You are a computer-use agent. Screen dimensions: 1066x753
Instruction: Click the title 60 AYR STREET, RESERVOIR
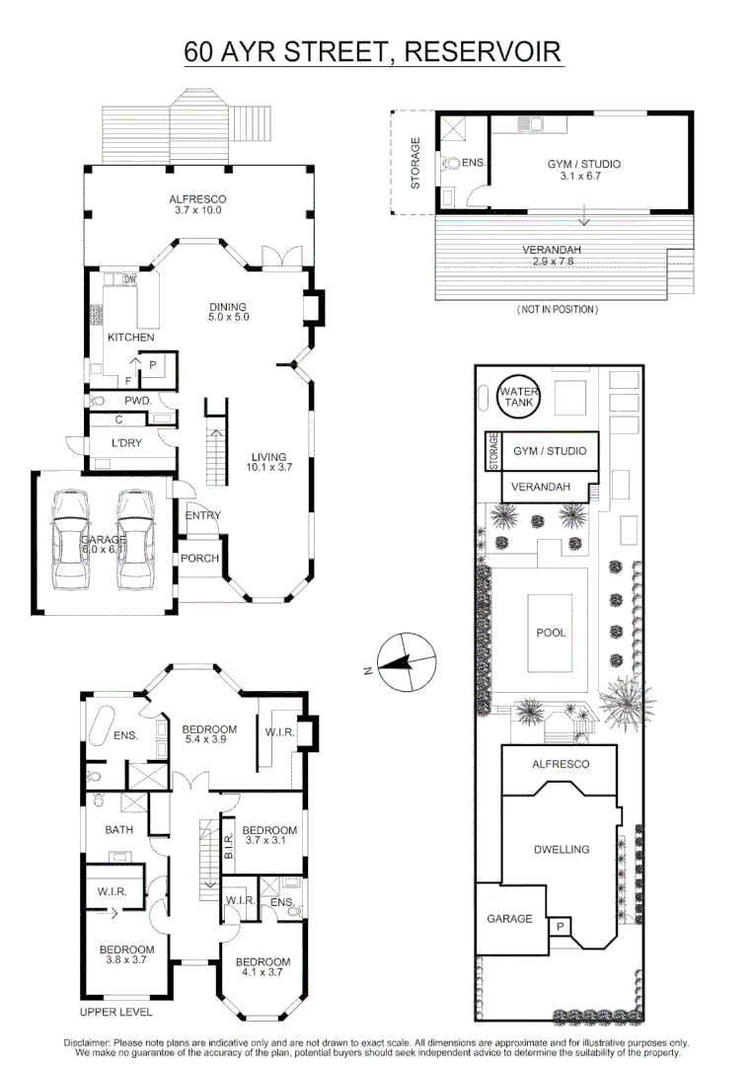[x=374, y=51]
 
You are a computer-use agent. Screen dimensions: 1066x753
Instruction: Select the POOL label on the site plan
[x=552, y=633]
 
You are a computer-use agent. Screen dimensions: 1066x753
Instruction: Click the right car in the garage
[x=135, y=539]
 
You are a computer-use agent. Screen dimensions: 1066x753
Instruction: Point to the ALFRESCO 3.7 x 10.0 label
[x=197, y=204]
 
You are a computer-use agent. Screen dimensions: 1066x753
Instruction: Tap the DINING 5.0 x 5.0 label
[x=227, y=312]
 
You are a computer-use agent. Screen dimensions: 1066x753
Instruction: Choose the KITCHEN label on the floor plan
[x=130, y=338]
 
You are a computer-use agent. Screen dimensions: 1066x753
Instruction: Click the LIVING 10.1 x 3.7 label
[x=268, y=463]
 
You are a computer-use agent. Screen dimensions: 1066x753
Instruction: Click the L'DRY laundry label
[x=127, y=443]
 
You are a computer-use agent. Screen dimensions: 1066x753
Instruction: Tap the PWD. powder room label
[x=137, y=401]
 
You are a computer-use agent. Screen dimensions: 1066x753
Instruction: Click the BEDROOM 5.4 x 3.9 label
[x=209, y=734]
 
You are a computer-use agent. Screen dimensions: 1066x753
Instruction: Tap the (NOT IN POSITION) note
[x=558, y=309]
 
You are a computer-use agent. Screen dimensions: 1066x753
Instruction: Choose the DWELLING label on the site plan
[x=561, y=849]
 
